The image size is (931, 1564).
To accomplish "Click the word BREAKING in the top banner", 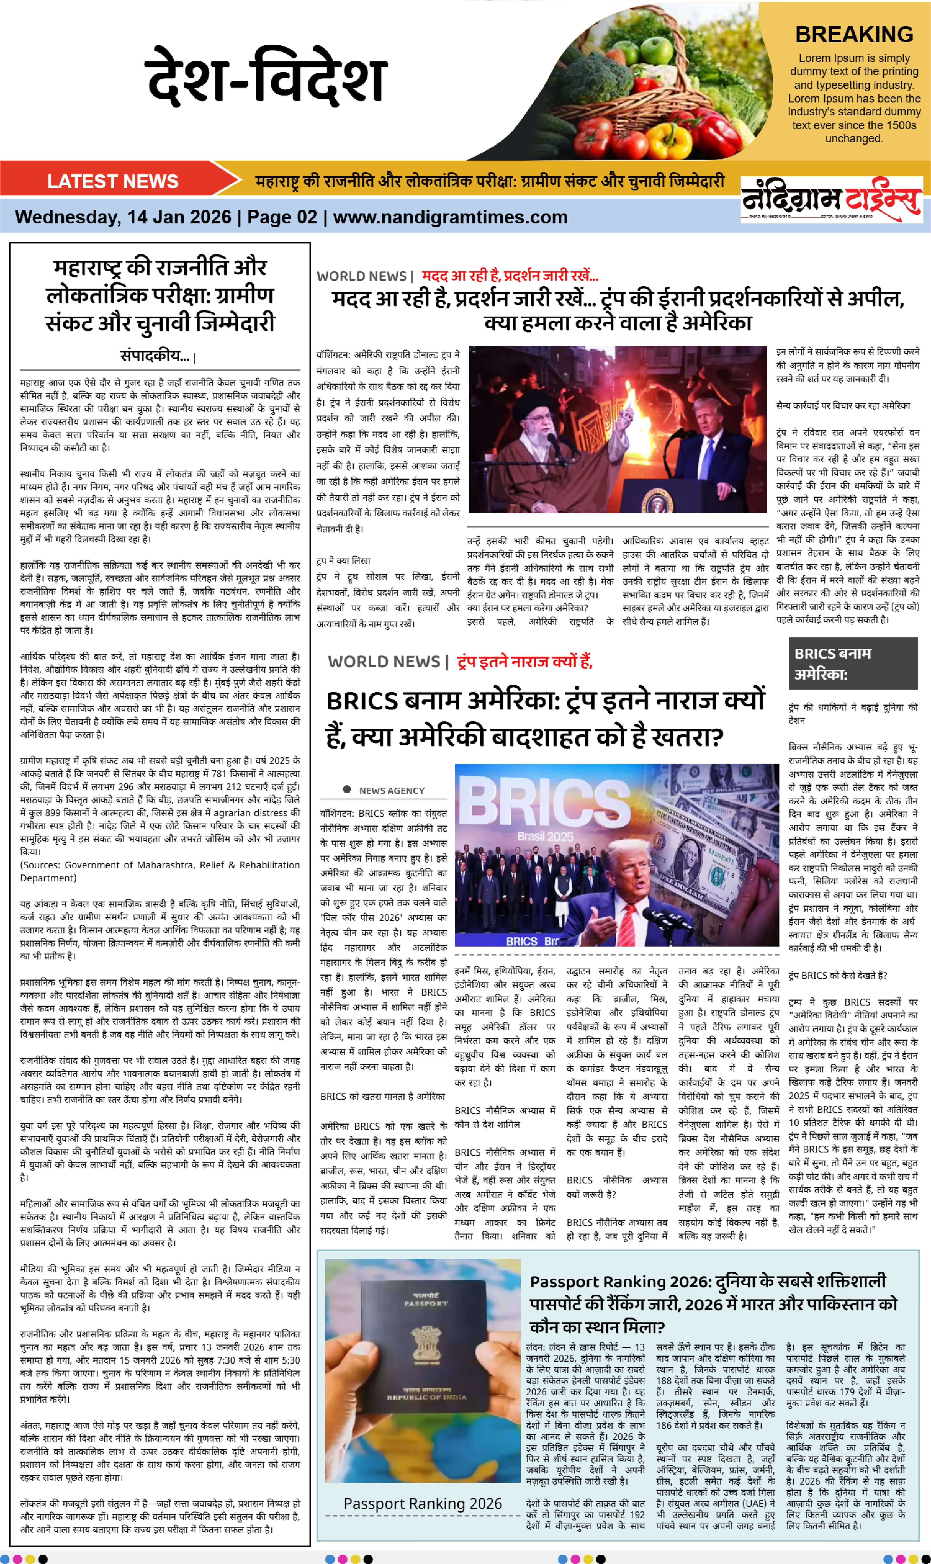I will (854, 35).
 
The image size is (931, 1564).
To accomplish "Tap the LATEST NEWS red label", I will (113, 181).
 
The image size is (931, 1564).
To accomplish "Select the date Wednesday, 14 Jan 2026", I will (123, 217).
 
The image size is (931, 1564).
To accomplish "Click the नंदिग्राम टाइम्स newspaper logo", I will (831, 200).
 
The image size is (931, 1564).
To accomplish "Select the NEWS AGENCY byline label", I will (391, 790).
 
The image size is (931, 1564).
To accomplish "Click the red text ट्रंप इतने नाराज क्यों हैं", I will (524, 661).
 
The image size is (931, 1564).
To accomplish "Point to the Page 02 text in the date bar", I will (282, 217).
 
